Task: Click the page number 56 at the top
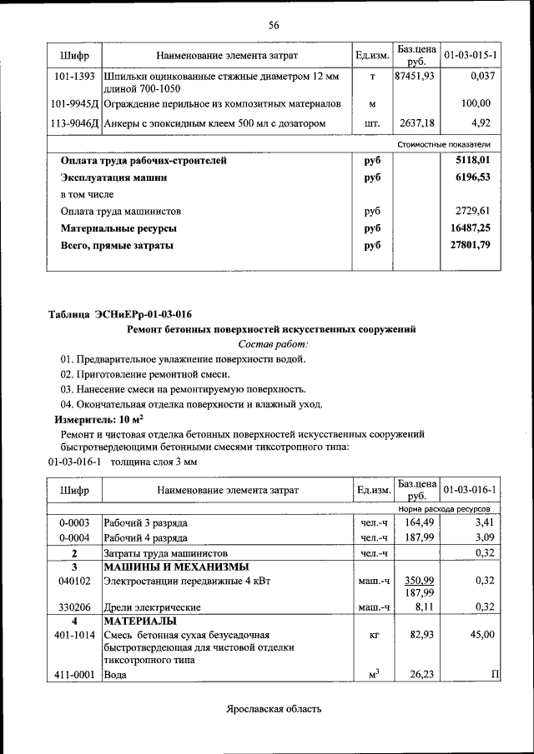point(273,25)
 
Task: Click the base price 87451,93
point(414,77)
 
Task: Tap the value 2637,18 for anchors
point(414,123)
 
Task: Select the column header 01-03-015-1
point(471,55)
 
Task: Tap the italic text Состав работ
point(273,343)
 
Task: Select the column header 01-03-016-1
point(471,489)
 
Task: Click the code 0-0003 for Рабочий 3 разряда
point(74,522)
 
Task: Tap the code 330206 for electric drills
point(74,607)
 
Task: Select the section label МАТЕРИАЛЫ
point(139,622)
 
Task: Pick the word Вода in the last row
point(114,675)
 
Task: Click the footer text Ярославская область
point(273,709)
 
